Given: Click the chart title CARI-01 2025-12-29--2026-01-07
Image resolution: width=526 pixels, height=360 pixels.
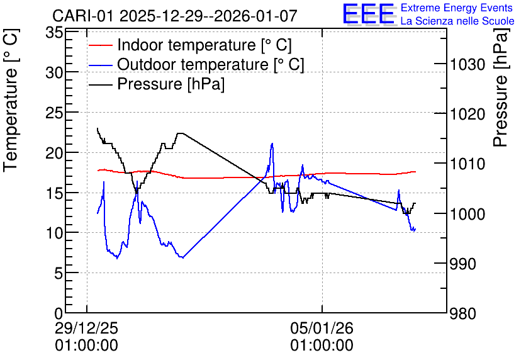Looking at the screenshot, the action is point(175,16).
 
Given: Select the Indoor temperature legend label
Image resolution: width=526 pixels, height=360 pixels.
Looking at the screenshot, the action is point(204,45).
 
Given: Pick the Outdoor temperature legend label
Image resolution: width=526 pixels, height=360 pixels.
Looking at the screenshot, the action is point(211,64).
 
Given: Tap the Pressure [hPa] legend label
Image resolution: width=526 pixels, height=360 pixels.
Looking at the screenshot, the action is point(171,84).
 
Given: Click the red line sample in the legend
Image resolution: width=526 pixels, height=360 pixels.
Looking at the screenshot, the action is point(100,45).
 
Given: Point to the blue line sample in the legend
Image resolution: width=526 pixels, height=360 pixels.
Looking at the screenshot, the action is point(100,65).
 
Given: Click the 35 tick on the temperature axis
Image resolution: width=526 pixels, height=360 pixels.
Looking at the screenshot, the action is point(54,33).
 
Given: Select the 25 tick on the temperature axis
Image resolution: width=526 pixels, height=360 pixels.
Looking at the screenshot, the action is point(54,113).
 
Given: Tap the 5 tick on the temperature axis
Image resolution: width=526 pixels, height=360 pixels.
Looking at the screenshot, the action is point(59,273).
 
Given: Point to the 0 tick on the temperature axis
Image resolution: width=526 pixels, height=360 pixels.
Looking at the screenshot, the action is point(59,313).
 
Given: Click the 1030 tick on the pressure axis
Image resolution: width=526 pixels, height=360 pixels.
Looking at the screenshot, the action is point(467,64).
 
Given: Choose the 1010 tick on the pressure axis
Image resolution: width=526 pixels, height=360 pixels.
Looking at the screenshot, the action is point(467,164).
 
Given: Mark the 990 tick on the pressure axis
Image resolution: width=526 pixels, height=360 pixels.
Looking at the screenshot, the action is point(462,264).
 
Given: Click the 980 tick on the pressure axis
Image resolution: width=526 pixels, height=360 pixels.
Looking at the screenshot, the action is point(462,313).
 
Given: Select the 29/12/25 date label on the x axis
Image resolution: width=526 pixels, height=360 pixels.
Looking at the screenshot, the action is point(87,328).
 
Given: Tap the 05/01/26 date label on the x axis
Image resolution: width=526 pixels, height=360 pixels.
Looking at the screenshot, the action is point(322,328).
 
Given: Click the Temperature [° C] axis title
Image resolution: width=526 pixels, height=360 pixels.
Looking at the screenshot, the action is point(11,100).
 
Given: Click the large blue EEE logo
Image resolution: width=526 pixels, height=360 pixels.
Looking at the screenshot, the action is point(368,14).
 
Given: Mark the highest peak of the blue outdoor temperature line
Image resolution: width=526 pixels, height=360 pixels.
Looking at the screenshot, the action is point(272,143).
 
